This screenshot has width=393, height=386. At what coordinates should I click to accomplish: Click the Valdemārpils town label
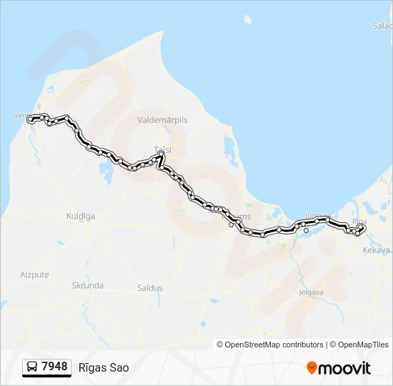(162, 120)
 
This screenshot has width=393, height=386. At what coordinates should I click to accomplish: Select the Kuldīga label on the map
(80, 215)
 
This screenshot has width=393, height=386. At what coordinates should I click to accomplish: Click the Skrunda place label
(87, 285)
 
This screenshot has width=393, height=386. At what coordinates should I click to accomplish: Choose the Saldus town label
(149, 288)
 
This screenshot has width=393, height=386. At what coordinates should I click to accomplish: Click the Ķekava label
(376, 250)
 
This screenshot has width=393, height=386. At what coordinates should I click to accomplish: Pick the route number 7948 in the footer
(55, 367)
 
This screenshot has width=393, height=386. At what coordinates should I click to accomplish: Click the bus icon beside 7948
(32, 367)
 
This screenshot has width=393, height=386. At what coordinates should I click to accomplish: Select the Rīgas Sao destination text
(104, 367)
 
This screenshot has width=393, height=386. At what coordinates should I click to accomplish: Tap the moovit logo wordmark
(344, 368)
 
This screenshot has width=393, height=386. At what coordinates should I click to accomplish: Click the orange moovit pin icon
(312, 367)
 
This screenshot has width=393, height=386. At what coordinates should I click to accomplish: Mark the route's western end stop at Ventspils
(30, 119)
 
